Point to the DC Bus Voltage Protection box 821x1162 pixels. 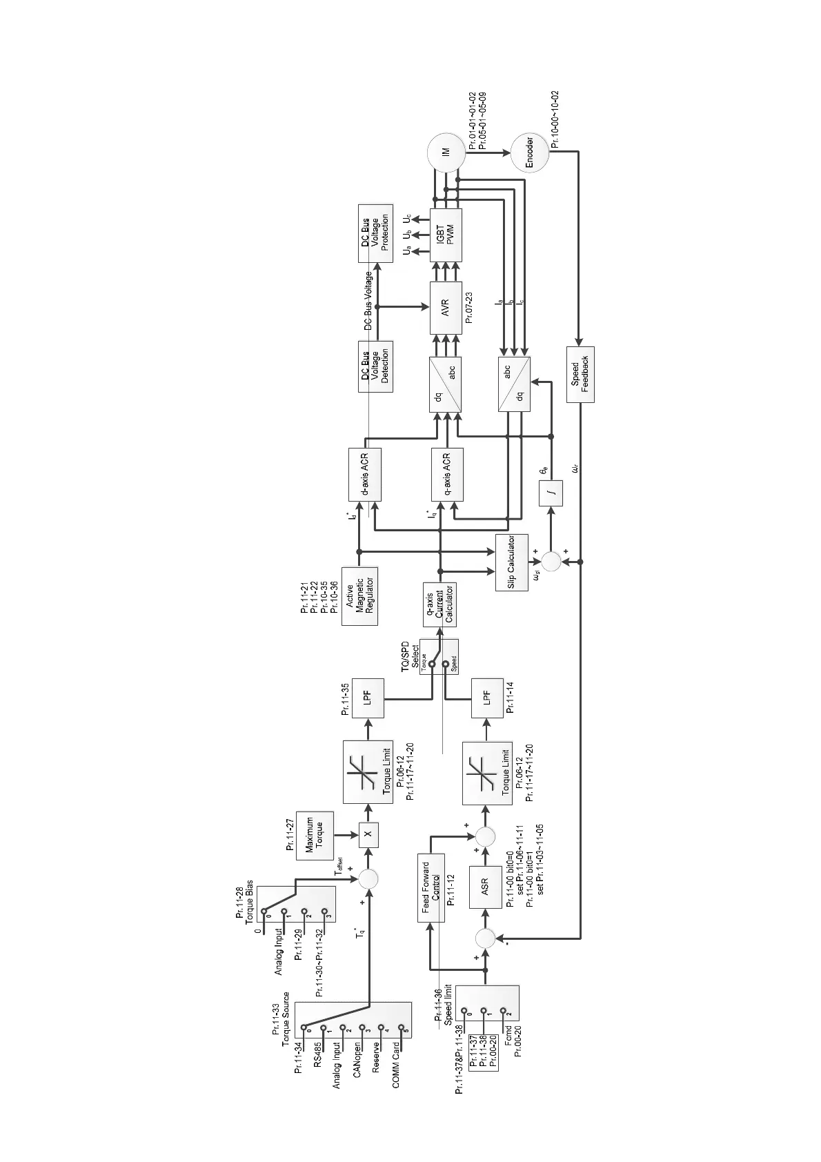(375, 233)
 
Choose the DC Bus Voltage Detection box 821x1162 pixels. (375, 366)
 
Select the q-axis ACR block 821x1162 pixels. (446, 474)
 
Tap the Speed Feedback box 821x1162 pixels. (580, 374)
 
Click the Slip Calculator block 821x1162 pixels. (511, 562)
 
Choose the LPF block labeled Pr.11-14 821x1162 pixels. (487, 699)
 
